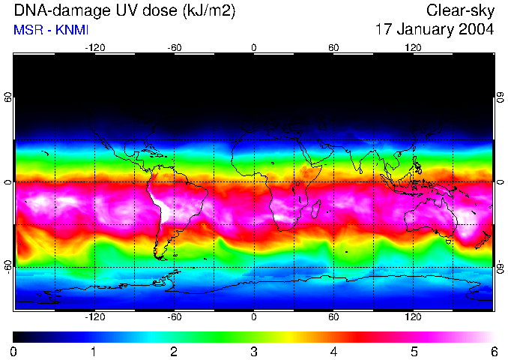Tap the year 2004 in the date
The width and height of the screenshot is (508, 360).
point(476,30)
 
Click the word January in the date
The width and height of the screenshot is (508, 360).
point(424,30)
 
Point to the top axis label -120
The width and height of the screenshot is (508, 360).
point(94,48)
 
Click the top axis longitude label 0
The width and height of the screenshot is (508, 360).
point(254,48)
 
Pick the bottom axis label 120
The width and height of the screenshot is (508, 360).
point(413,317)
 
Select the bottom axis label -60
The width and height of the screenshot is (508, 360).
point(175,317)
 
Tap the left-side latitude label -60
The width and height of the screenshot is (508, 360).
point(8,266)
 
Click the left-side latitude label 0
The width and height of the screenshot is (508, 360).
point(8,182)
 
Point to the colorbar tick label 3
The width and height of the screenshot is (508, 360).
point(253,351)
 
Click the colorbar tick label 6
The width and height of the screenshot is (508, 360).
point(493,351)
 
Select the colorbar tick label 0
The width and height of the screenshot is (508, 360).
point(14,351)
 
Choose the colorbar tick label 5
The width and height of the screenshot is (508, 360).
point(413,351)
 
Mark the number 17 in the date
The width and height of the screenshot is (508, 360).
point(384,30)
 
